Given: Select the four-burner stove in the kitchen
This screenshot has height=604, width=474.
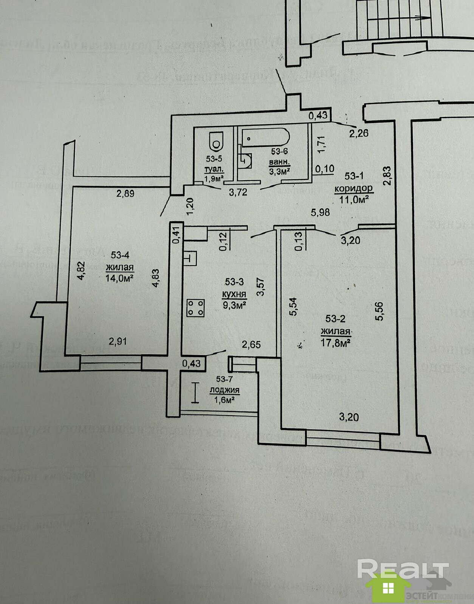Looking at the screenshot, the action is click(x=196, y=307).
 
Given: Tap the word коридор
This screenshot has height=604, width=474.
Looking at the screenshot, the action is click(x=353, y=188).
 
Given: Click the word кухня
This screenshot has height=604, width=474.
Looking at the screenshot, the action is click(x=235, y=294).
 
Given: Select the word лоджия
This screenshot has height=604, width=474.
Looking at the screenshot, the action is click(x=225, y=390).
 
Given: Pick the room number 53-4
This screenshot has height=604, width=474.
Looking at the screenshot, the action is click(x=120, y=255).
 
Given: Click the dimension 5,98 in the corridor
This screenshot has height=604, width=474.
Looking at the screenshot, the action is click(x=321, y=212).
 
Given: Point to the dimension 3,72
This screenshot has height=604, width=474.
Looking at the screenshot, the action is click(x=238, y=192).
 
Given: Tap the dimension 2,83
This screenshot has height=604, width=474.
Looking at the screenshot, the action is click(x=386, y=176).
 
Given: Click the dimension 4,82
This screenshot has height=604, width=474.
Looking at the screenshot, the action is click(x=81, y=271).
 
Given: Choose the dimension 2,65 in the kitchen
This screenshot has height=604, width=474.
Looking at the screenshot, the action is click(x=251, y=344).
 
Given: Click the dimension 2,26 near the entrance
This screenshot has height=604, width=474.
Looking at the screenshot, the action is click(x=359, y=133).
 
